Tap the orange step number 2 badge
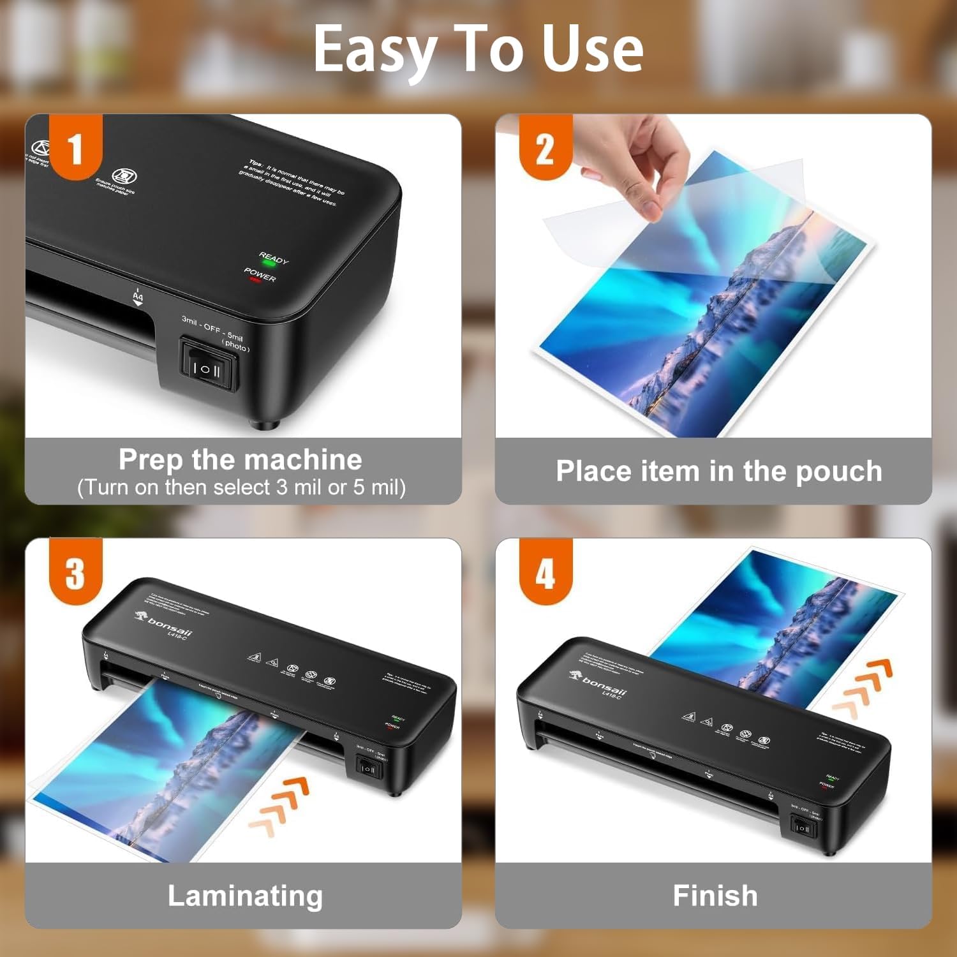[545, 148]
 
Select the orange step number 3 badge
[75, 572]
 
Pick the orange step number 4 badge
[545, 572]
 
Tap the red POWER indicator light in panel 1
[255, 280]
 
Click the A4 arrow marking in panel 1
[138, 299]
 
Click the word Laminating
[245, 896]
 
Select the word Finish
[715, 896]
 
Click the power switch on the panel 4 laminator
[801, 828]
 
